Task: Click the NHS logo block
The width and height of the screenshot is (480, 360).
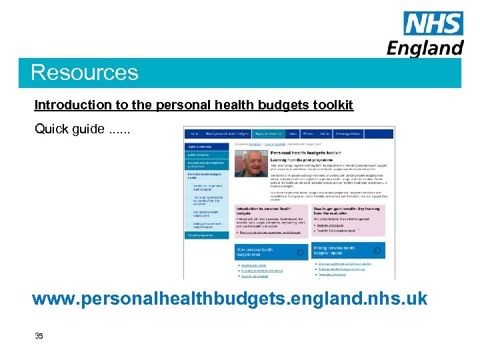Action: [433, 25]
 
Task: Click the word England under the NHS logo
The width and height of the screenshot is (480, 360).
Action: [425, 48]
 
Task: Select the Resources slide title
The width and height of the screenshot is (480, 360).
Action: [85, 72]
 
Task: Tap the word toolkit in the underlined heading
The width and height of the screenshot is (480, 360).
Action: [333, 105]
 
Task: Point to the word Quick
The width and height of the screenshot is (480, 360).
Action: [51, 129]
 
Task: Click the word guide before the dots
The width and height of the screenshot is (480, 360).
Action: [87, 129]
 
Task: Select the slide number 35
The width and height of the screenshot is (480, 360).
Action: [39, 336]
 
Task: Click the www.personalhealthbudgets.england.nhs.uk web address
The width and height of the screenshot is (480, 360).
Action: [230, 298]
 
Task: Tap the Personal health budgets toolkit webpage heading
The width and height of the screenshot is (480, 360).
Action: [306, 153]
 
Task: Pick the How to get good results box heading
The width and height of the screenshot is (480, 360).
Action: [347, 211]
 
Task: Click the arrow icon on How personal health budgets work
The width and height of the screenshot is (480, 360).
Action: [300, 251]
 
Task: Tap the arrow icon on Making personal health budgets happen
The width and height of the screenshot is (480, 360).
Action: [378, 251]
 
